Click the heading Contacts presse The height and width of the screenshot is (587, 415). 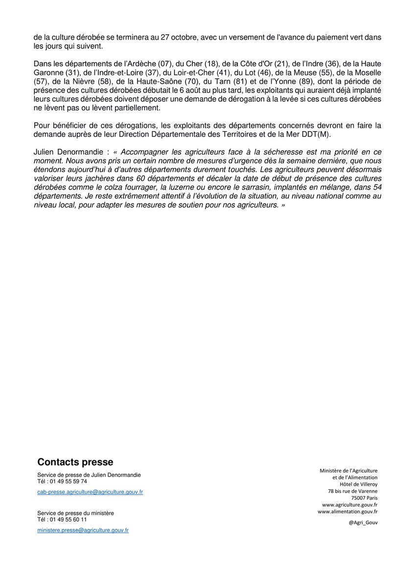coord(75,462)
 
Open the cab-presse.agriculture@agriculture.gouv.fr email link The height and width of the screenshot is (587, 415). coord(90,492)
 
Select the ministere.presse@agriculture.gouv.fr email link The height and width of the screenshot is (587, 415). coord(83,530)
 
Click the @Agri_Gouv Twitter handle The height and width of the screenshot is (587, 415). coord(363,522)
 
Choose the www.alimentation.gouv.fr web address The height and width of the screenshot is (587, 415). coord(347,511)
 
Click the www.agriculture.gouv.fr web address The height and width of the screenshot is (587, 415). coord(349,504)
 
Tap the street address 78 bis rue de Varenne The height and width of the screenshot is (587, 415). coord(353,491)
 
